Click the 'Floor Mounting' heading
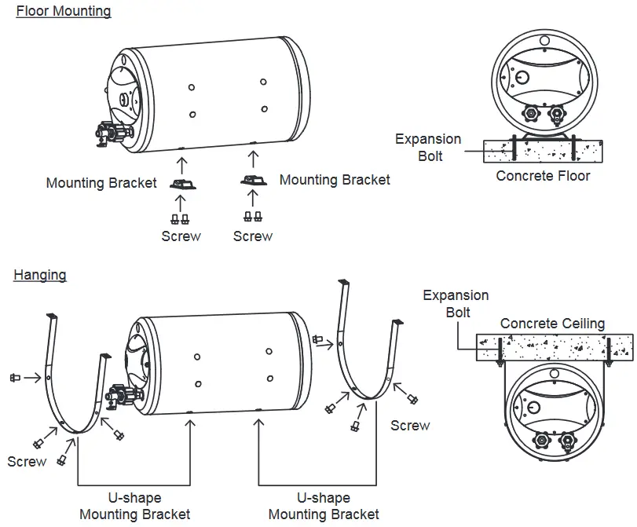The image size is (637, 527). click(64, 12)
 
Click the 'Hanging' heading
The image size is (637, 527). click(40, 275)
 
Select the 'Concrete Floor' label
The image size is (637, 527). click(542, 176)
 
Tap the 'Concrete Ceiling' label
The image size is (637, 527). click(552, 324)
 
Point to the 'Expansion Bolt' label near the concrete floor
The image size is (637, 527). click(428, 148)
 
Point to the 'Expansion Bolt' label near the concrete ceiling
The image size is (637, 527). click(456, 304)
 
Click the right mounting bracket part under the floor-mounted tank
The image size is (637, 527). click(253, 181)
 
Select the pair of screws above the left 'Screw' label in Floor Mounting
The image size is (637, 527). click(181, 218)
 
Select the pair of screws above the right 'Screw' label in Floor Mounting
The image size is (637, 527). click(253, 217)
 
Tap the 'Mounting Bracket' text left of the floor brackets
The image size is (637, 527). click(101, 183)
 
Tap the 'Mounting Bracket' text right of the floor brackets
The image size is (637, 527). click(335, 180)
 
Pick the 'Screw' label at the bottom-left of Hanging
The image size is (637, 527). click(27, 462)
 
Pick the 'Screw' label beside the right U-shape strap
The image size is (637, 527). click(410, 426)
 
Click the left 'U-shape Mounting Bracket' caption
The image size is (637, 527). click(134, 507)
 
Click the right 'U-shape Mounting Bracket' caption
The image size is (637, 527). click(324, 507)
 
